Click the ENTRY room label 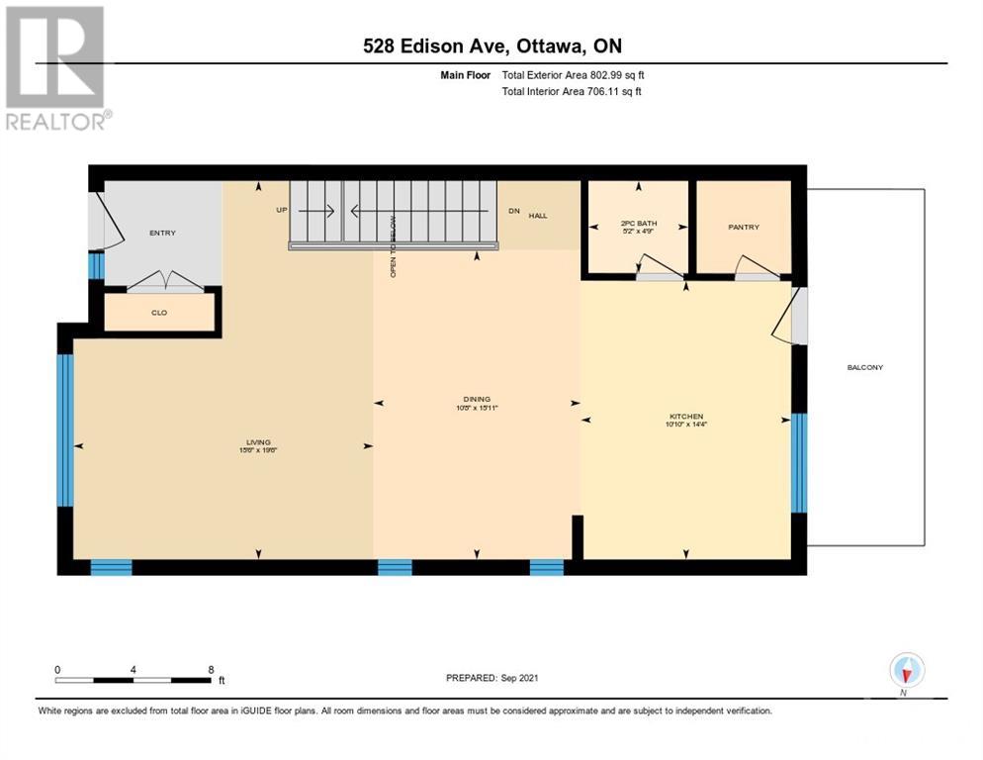pos(162,234)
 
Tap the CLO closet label pos(159,313)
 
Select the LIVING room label pos(259,442)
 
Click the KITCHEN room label pos(685,417)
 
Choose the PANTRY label pos(744,228)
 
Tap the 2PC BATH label pos(639,224)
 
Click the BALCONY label pos(864,368)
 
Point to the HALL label pos(537,216)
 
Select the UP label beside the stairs pos(282,210)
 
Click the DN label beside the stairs pos(513,210)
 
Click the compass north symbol pos(906,671)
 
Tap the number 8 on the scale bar pos(211,670)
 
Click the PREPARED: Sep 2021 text pos(491,678)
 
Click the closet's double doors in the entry pos(164,282)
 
